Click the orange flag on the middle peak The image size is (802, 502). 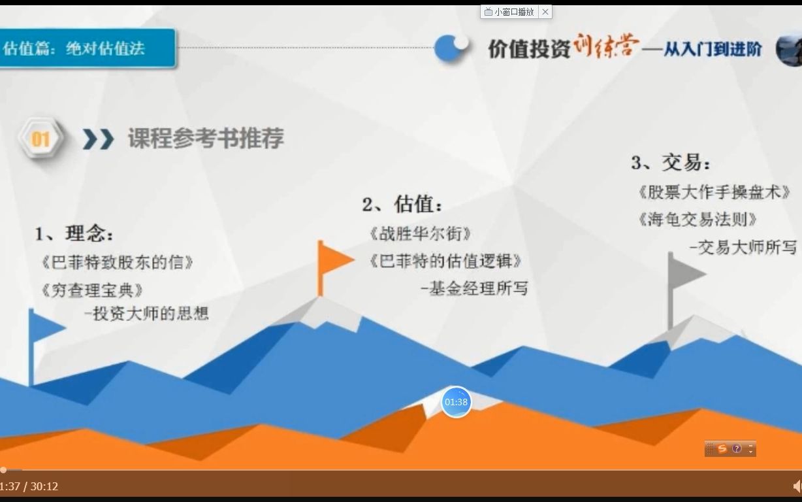click(x=334, y=260)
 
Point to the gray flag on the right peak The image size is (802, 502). click(x=686, y=273)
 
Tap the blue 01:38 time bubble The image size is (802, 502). click(x=456, y=402)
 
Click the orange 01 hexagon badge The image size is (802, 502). click(x=40, y=139)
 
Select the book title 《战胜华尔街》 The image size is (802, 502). click(x=419, y=233)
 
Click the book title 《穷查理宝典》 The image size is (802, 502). click(x=91, y=290)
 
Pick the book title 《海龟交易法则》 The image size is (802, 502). click(x=698, y=219)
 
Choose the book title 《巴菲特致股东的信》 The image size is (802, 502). click(x=118, y=262)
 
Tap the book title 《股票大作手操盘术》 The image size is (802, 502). click(x=713, y=192)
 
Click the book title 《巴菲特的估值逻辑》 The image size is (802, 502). click(x=445, y=261)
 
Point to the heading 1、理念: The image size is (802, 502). click(x=74, y=233)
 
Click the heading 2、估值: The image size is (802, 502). click(x=402, y=205)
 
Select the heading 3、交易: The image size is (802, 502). click(x=671, y=163)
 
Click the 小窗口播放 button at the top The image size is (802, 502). click(x=509, y=12)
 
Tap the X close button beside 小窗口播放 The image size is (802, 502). click(x=545, y=12)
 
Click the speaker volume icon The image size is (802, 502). click(x=797, y=486)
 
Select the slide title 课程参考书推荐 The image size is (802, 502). click(x=206, y=139)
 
